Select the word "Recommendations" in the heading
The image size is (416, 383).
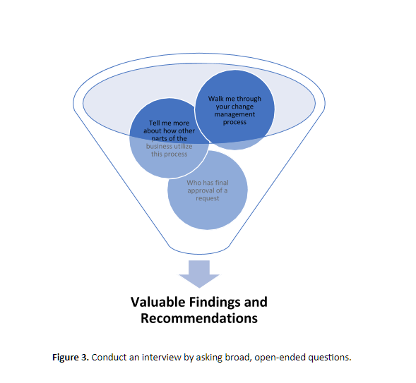point(198,318)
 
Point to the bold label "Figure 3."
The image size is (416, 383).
point(70,357)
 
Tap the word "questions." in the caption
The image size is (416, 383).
point(331,357)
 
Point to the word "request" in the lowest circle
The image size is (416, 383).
point(208,198)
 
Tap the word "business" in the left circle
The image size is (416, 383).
point(158,146)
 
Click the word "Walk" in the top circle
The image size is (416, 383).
point(217,98)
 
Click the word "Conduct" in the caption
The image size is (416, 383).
point(108,357)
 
